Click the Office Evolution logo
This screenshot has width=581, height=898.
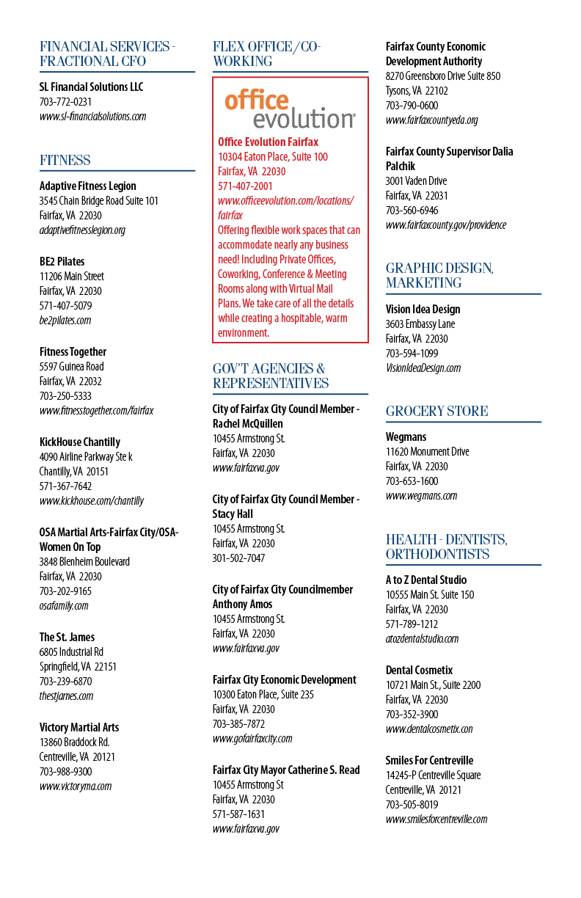click(290, 109)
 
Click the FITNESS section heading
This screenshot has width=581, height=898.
click(65, 161)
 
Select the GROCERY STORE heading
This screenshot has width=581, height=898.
click(436, 412)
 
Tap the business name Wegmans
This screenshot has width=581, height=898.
click(406, 437)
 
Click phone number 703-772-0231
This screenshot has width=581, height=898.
click(65, 102)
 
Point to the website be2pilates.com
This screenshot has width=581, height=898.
click(65, 321)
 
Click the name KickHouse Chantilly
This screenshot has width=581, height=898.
click(80, 442)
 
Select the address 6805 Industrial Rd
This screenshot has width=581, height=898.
click(71, 651)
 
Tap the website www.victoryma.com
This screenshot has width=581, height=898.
click(76, 786)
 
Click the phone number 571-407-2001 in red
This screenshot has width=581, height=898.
click(245, 186)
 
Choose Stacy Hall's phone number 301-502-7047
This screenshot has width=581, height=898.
click(238, 558)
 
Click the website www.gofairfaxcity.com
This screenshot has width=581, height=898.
click(252, 739)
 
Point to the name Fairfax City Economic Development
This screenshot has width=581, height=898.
click(285, 680)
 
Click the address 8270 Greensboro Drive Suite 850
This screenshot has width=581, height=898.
click(443, 76)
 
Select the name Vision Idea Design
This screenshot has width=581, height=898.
click(423, 310)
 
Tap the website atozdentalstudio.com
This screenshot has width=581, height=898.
click(422, 638)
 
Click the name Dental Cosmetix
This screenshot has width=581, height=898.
click(419, 671)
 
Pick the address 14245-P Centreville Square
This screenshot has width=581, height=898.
click(433, 775)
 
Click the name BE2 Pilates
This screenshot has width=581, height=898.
click(62, 262)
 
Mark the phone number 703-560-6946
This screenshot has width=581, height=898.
click(412, 211)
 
